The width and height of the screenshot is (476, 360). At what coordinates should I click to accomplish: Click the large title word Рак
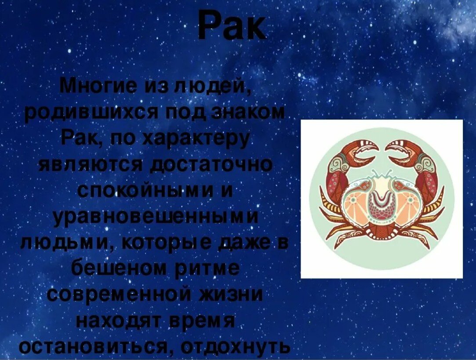[x=232, y=26]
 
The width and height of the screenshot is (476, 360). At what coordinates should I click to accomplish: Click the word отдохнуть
[x=236, y=347]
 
